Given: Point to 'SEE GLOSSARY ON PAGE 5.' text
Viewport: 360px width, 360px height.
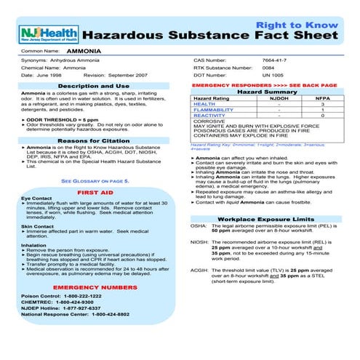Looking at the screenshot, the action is click(95, 180).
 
